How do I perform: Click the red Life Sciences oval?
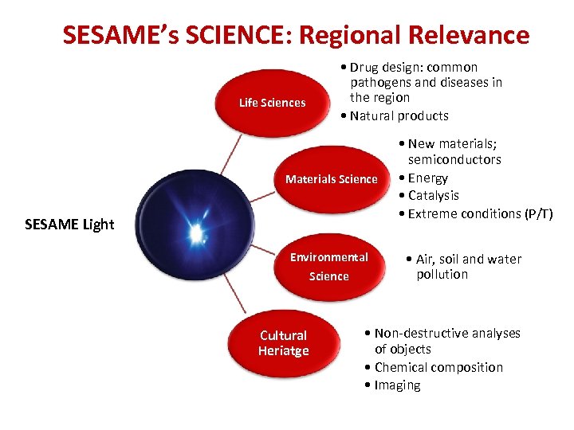point(272,103)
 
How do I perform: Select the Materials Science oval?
point(331,179)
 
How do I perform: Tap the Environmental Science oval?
point(328,267)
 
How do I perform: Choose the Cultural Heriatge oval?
point(283,343)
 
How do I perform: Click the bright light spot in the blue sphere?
point(195,233)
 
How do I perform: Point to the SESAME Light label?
point(69,225)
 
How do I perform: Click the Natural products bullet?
point(399,115)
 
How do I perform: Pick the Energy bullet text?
point(427,178)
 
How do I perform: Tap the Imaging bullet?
point(397,385)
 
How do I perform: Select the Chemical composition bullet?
point(438,367)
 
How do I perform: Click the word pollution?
point(442,275)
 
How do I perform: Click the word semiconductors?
point(454,159)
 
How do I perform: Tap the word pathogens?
point(382,83)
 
